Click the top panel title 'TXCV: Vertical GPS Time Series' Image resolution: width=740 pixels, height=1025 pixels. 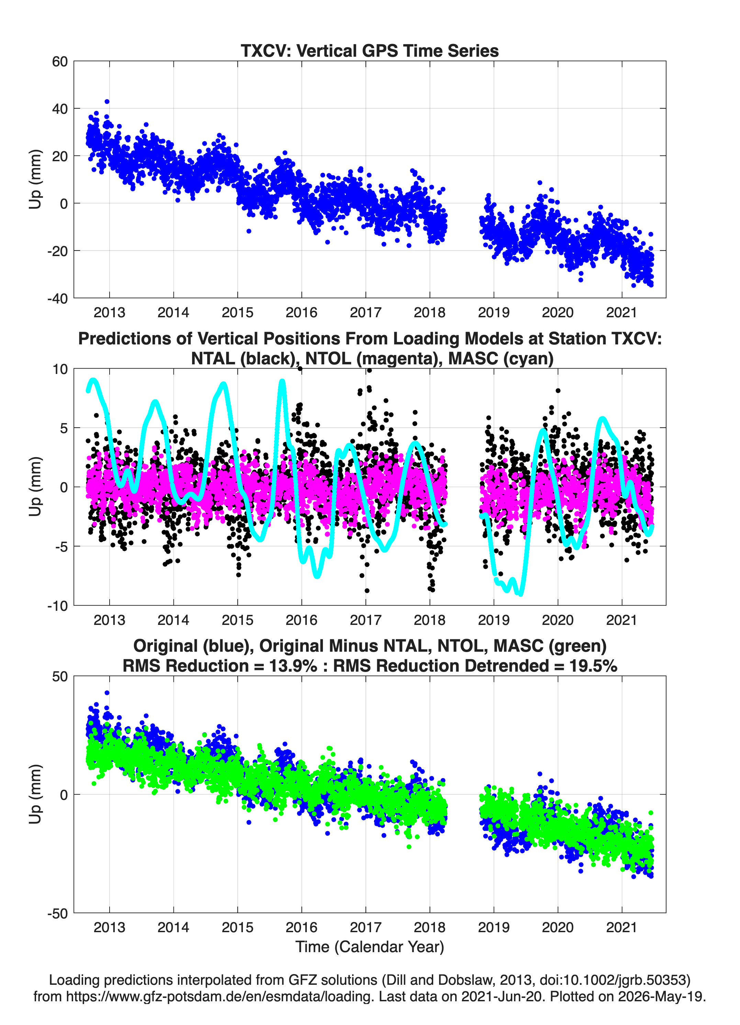[370, 51]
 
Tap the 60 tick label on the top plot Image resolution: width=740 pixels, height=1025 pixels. [60, 62]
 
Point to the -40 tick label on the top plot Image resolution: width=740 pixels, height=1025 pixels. [57, 298]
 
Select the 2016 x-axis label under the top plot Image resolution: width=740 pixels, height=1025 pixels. [301, 312]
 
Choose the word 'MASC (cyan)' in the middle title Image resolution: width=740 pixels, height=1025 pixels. [501, 359]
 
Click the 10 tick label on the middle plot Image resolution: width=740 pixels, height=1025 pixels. [60, 369]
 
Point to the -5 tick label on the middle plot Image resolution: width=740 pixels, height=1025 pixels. [60, 547]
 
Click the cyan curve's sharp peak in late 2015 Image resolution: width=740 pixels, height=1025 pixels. [282, 382]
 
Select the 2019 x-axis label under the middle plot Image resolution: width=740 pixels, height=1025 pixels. [494, 620]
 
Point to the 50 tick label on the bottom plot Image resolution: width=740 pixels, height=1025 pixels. [60, 676]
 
